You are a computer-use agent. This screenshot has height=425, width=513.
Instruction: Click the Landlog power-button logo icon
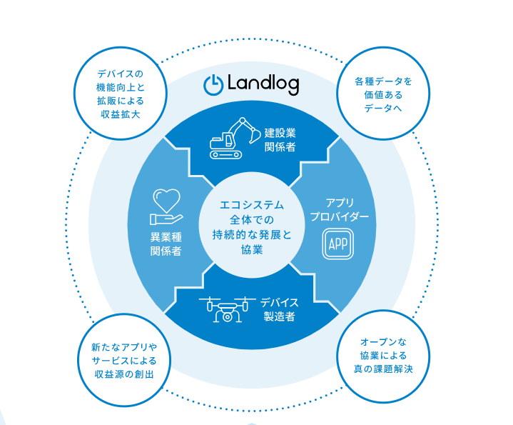click(x=213, y=84)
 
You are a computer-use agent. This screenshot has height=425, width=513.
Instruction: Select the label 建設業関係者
click(x=280, y=139)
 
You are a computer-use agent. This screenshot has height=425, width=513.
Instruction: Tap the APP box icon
click(x=337, y=244)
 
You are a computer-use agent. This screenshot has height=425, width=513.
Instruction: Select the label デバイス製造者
click(x=279, y=309)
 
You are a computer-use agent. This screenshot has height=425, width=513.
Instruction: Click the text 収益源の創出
click(x=123, y=374)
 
